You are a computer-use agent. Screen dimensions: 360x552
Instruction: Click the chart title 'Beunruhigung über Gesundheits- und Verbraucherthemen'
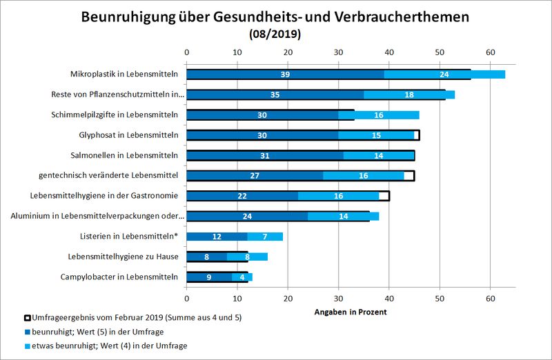(x=276, y=16)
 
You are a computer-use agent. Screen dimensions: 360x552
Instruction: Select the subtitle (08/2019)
(x=276, y=32)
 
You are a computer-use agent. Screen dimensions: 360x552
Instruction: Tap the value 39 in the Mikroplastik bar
(x=285, y=74)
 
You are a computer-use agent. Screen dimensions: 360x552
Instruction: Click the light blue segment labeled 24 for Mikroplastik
(x=444, y=74)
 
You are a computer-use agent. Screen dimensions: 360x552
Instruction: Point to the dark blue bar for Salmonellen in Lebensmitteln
(x=265, y=156)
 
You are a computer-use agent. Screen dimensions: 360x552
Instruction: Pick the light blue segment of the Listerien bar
(x=265, y=237)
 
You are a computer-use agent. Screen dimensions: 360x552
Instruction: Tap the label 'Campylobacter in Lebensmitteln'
(x=120, y=277)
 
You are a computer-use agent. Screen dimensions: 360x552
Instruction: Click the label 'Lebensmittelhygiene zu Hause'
(x=122, y=257)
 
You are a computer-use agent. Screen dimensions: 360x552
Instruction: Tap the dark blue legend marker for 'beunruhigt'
(x=28, y=332)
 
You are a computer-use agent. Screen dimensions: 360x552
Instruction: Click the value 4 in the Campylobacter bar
(x=242, y=277)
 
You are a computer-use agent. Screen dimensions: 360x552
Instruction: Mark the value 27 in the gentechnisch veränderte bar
(x=255, y=176)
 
